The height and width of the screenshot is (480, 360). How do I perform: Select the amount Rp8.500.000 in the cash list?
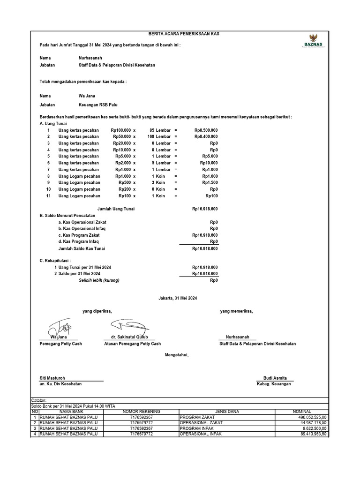pos(206,130)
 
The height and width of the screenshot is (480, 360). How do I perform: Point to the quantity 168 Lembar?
pos(159,136)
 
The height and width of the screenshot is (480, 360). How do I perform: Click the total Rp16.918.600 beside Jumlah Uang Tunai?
pos(205,209)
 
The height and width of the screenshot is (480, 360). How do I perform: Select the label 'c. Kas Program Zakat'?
pos(79,235)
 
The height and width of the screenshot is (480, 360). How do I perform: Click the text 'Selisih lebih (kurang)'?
pos(99,280)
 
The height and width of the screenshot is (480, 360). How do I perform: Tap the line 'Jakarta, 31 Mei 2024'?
pos(180,298)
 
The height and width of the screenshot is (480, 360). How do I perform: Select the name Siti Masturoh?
pos(52,378)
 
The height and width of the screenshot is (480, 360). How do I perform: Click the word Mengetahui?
pos(176,355)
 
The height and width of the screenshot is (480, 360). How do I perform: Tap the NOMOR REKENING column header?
pos(141,412)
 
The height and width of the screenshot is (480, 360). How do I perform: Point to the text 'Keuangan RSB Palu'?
pos(98,105)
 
